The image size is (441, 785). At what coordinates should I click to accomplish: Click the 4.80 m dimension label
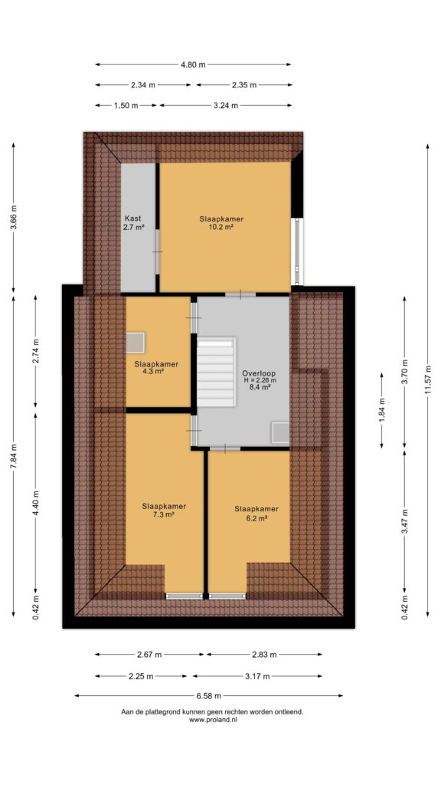click(194, 64)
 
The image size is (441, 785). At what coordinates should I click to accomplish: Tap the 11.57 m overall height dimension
click(428, 380)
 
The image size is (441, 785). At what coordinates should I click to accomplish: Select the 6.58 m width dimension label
click(208, 695)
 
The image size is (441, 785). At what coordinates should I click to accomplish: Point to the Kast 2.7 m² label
click(133, 223)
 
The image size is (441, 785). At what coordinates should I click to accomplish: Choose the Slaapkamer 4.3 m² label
click(156, 368)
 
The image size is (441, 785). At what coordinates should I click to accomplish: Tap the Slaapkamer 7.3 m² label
click(164, 510)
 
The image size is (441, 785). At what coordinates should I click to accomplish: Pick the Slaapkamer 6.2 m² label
click(256, 513)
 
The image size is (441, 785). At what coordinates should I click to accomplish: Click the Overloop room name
click(259, 373)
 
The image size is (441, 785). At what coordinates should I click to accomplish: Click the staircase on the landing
click(216, 371)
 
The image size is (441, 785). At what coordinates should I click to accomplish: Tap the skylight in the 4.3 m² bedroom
click(135, 343)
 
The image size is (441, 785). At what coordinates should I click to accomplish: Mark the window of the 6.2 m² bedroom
click(227, 596)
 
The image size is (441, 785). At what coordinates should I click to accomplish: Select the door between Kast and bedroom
click(158, 251)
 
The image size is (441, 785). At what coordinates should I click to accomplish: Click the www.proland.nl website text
click(213, 720)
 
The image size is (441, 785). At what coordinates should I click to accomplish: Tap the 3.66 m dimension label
click(14, 217)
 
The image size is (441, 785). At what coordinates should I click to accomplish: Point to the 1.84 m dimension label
click(383, 409)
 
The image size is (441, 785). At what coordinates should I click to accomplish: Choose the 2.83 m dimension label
click(263, 655)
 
